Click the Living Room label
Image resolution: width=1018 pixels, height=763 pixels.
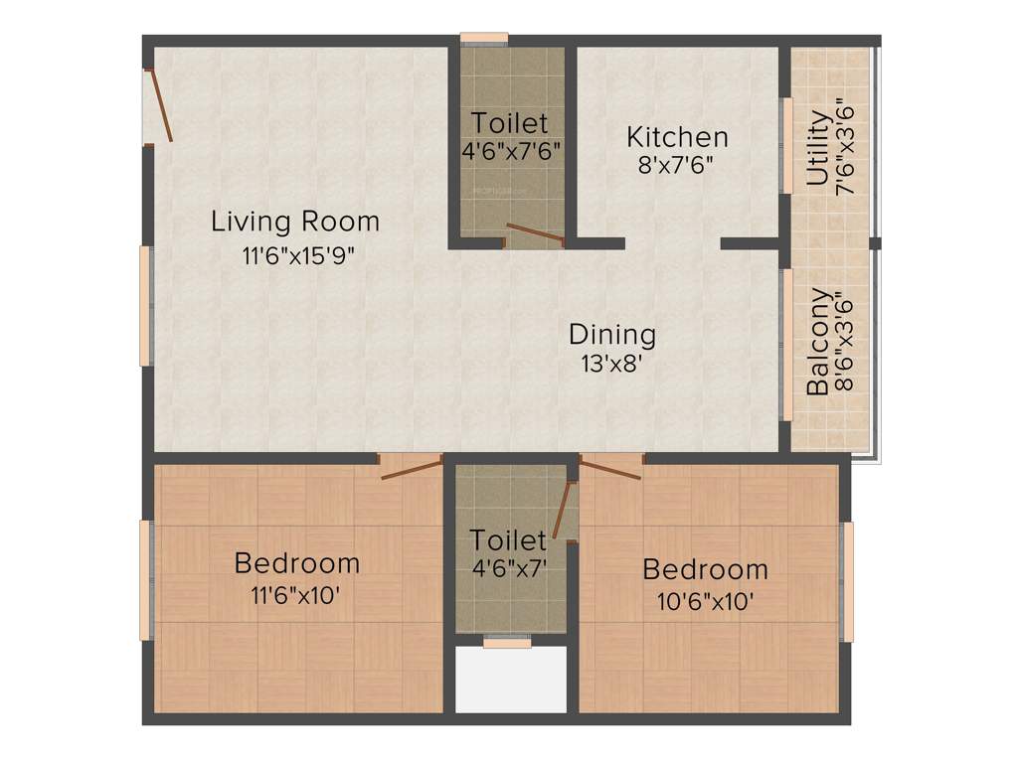pos(295,221)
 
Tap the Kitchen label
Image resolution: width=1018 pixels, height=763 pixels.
pos(677,136)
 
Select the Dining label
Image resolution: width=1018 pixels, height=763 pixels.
pos(612,334)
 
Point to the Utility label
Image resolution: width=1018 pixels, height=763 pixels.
pos(818,148)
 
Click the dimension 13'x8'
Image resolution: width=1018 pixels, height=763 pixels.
pos(612,364)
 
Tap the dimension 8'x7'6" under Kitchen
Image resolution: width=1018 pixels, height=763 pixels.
pos(676,165)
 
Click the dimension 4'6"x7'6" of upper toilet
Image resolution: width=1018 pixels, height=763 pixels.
pos(509,152)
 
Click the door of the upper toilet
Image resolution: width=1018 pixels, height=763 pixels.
pos(535,234)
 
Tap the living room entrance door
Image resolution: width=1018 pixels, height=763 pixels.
pos(160,105)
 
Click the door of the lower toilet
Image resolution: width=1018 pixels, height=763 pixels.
pos(563,511)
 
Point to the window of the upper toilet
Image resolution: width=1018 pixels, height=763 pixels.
pos(484,39)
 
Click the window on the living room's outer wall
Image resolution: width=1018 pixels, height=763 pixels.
pos(145,306)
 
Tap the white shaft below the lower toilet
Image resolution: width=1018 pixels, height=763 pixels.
pos(510,680)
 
